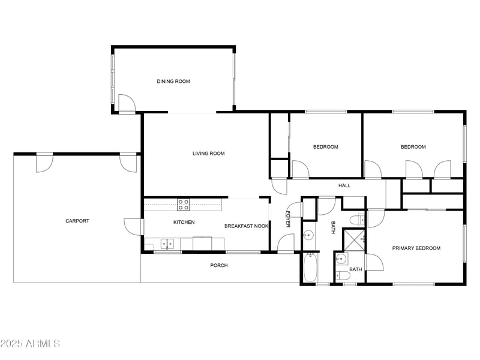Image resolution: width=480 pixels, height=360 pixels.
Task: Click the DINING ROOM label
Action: click(x=173, y=82)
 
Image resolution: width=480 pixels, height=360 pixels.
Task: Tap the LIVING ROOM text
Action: click(x=208, y=154)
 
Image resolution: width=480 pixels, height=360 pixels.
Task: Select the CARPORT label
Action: click(x=77, y=221)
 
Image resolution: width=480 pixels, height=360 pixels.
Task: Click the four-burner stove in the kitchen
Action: click(x=184, y=204)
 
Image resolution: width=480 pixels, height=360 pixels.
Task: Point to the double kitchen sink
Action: click(x=167, y=244)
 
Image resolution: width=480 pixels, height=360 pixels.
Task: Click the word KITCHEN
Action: click(x=184, y=223)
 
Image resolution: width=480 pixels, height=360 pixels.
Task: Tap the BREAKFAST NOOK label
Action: click(x=246, y=226)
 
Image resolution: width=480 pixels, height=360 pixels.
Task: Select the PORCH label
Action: click(x=219, y=265)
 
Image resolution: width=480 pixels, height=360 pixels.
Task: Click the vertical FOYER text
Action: click(x=287, y=219)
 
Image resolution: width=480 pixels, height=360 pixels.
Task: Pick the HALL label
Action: click(x=344, y=185)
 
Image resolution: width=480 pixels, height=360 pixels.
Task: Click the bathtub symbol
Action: click(x=310, y=268)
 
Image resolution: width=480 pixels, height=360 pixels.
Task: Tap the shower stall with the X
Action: click(x=353, y=239)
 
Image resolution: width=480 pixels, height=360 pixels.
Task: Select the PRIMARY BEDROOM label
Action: click(x=416, y=248)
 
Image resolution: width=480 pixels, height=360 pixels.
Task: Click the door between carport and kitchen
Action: click(x=133, y=227)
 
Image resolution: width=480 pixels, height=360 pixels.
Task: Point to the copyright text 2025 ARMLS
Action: click(x=30, y=344)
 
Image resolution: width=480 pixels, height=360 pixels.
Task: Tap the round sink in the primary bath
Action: click(x=341, y=259)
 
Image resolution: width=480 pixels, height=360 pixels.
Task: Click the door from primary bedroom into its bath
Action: click(x=373, y=262)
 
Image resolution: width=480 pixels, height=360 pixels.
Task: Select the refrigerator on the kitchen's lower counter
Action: click(x=202, y=244)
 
